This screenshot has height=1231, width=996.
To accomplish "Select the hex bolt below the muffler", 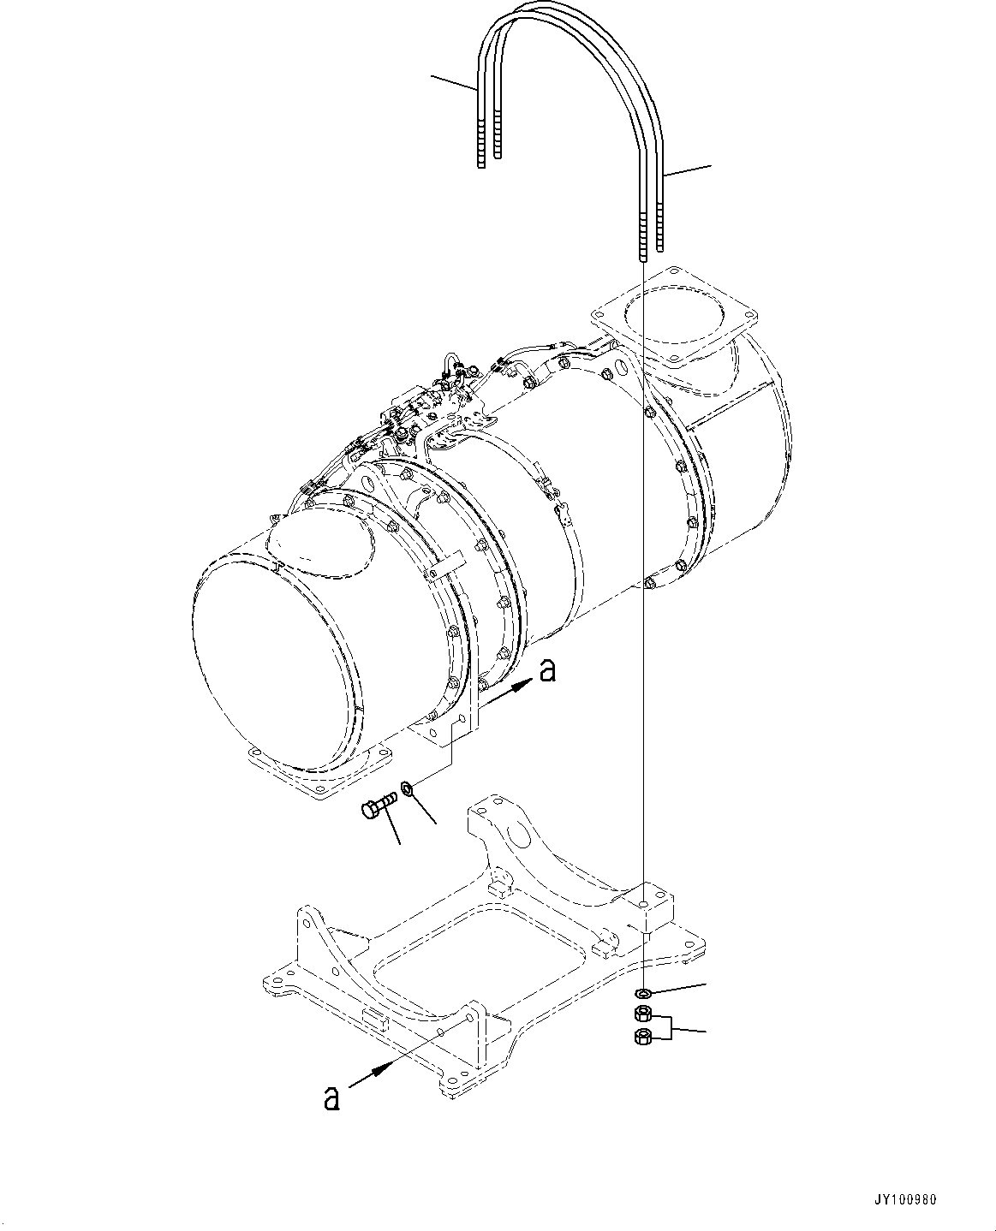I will [377, 806].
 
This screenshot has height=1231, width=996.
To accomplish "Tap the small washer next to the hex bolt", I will [409, 787].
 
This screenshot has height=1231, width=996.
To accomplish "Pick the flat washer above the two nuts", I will [642, 994].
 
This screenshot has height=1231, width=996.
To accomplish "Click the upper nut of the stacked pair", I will [642, 1015].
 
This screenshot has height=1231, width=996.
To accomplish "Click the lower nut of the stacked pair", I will [642, 1038].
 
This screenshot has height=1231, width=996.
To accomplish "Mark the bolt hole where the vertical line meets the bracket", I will [642, 901].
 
